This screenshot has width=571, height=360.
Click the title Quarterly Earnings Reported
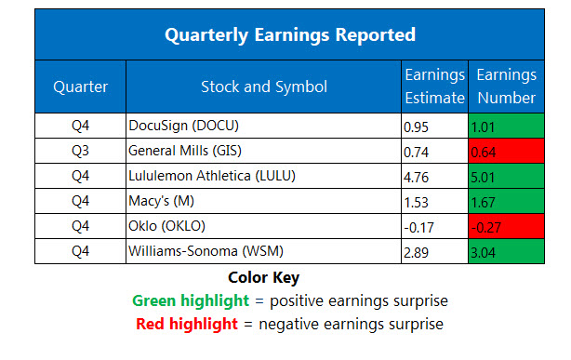click(289, 35)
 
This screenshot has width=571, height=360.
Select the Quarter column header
click(80, 87)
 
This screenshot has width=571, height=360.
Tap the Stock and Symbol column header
click(263, 87)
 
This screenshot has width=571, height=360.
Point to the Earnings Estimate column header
click(434, 87)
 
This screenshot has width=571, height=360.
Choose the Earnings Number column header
click(506, 87)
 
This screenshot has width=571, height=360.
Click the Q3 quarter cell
click(80, 149)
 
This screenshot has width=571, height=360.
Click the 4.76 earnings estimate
click(418, 174)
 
